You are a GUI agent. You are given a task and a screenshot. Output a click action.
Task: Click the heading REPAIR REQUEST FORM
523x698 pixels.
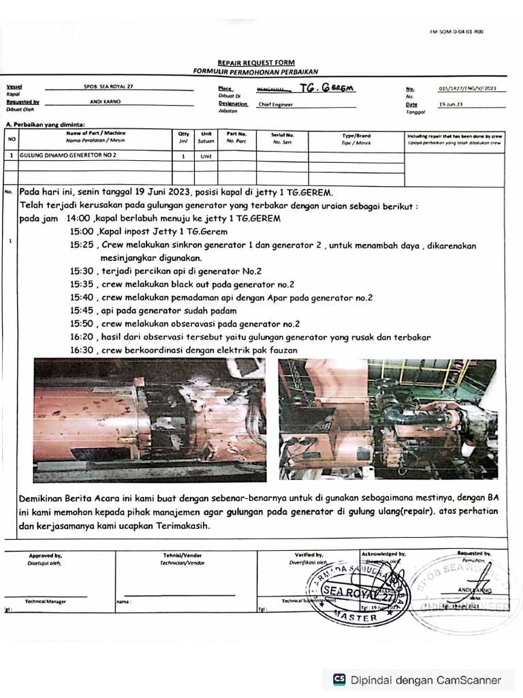[255, 62]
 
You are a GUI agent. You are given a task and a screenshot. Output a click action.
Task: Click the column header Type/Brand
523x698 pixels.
[356, 135]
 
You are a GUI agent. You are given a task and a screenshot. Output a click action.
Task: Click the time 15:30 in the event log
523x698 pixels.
[82, 271]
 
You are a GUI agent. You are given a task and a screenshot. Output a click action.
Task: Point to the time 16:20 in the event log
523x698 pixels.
[82, 337]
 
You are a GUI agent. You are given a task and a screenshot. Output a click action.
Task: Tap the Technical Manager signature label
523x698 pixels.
[46, 601]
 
